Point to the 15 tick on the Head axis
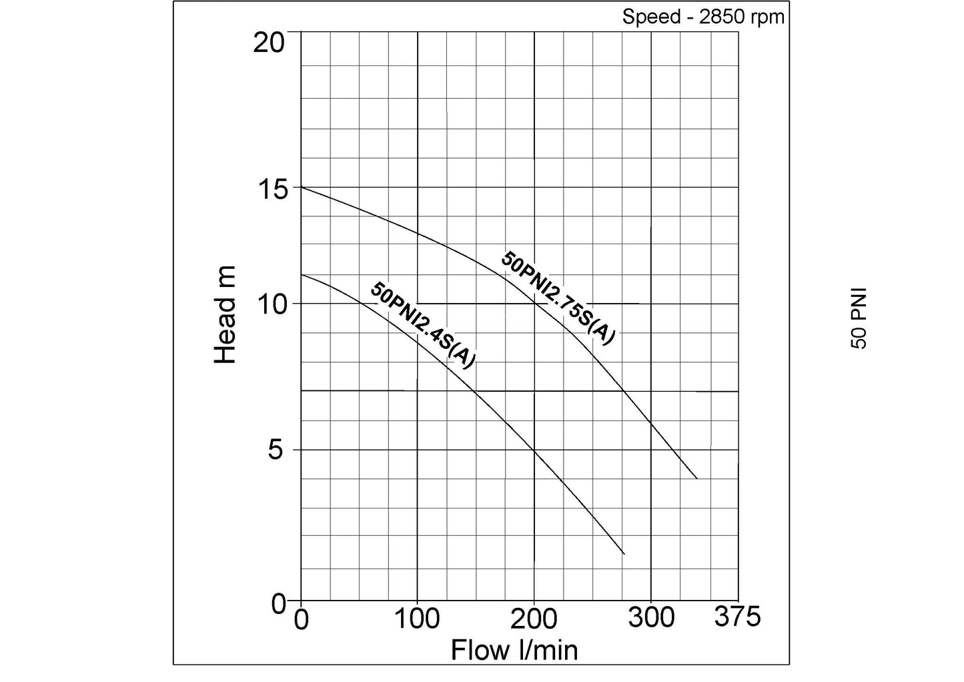tap(272, 189)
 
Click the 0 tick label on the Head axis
tap(279, 603)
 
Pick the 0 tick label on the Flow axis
tap(302, 619)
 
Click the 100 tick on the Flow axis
tap(418, 619)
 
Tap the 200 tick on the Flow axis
tap(534, 619)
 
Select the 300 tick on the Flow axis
tap(651, 617)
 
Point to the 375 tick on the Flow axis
tap(737, 617)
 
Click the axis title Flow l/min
tap(514, 650)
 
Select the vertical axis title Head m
tap(225, 314)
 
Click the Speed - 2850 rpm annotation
tap(703, 17)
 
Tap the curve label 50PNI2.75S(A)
tap(557, 298)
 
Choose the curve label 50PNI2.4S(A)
tap(423, 325)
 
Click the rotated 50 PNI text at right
tap(859, 318)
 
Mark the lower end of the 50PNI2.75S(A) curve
tap(697, 478)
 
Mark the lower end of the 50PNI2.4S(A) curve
tap(624, 554)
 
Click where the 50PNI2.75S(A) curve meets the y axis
tap(302, 187)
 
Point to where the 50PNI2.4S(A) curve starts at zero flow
tap(302, 274)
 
